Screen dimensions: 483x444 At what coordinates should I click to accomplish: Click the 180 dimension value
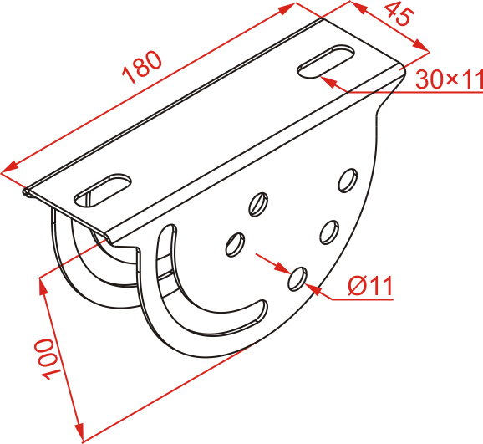pos(142,67)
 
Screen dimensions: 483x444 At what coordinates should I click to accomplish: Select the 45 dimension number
pos(399,14)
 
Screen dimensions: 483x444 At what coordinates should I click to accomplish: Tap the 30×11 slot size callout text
pos(449,79)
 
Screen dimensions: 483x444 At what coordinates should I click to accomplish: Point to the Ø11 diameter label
pos(370,285)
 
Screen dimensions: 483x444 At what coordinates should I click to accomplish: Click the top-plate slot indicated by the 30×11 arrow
pos(326,62)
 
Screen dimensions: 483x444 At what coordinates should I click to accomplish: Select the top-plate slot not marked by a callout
pos(103,191)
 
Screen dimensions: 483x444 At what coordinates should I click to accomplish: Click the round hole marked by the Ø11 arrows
pos(297,279)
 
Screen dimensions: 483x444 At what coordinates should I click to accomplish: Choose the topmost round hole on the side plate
pos(348,181)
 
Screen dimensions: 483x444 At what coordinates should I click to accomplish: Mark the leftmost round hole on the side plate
pos(236,244)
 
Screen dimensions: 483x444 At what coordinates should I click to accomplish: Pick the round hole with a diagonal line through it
pos(258,204)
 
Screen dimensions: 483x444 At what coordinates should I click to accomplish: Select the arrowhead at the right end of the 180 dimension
pos(287,8)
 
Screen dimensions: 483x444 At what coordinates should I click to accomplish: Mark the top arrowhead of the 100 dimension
pos(43,288)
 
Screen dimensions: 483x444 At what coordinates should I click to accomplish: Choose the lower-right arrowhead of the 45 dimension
pos(421,46)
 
